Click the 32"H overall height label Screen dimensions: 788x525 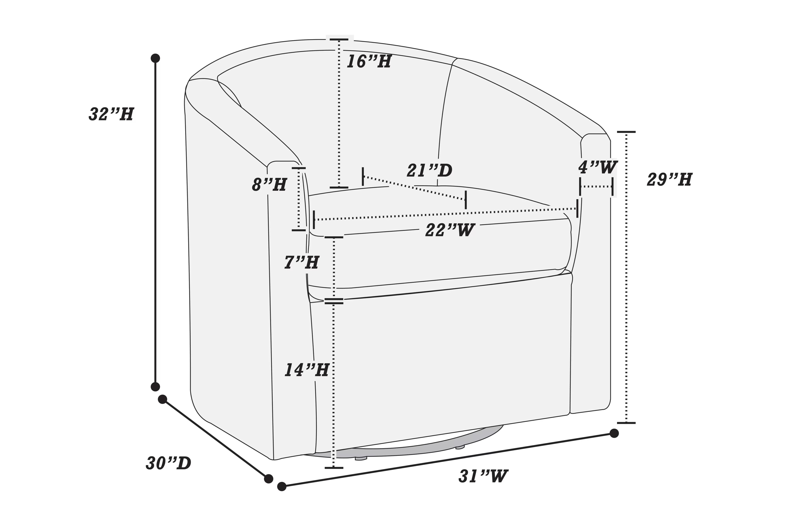(111, 114)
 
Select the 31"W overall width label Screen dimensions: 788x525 (483, 476)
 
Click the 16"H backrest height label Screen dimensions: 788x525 (369, 62)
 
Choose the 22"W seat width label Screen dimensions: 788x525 (450, 230)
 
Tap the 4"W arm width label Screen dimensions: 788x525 (598, 167)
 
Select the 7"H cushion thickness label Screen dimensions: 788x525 (302, 263)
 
